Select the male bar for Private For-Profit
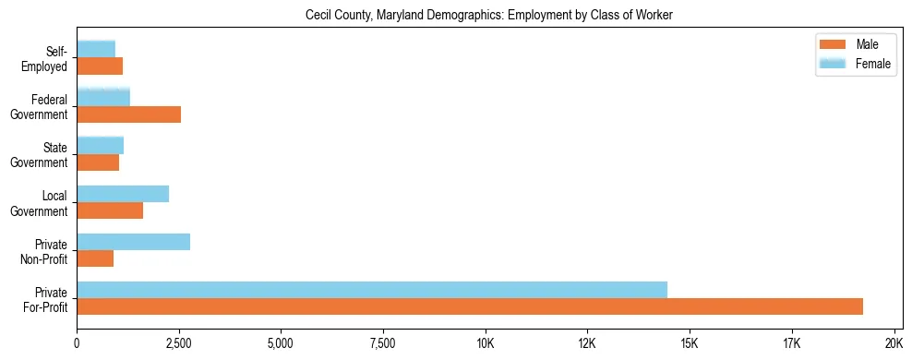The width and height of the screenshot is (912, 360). (x=470, y=306)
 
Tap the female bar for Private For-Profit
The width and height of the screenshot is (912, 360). (x=372, y=290)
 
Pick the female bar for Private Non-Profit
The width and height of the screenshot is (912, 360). (x=133, y=242)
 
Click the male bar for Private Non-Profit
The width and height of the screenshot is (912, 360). (x=95, y=258)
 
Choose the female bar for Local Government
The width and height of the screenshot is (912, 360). (x=123, y=194)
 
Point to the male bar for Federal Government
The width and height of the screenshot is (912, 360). (x=128, y=114)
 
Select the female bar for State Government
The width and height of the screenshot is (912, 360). (x=100, y=145)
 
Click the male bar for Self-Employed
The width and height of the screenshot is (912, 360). (x=100, y=66)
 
